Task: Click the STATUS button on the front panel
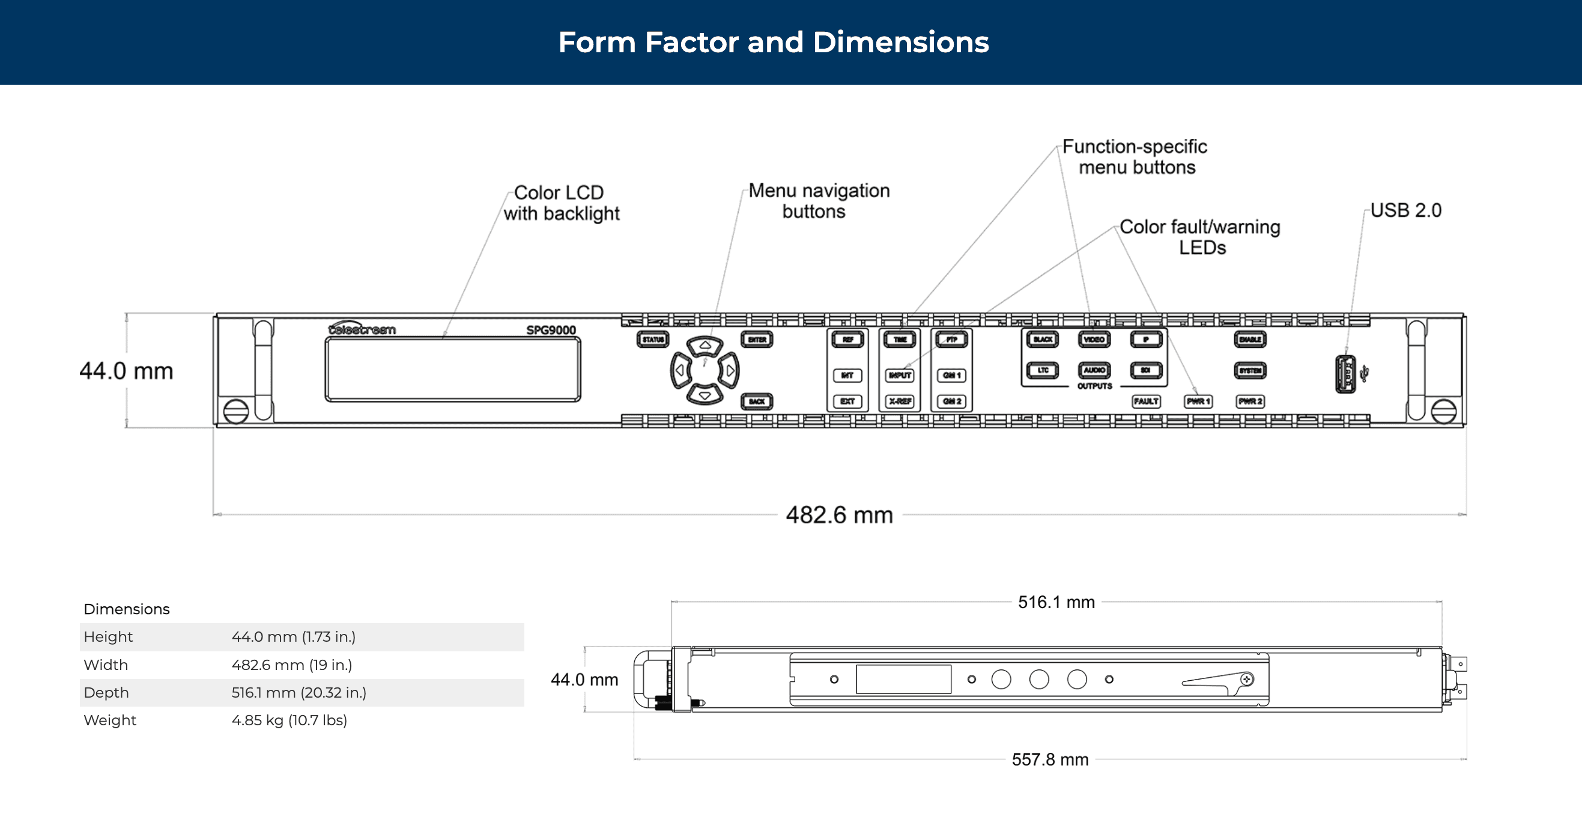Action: pyautogui.click(x=652, y=339)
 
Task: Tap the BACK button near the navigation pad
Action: pyautogui.click(x=757, y=401)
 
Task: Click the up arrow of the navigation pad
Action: pyautogui.click(x=705, y=346)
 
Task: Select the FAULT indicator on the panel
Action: pyautogui.click(x=1146, y=401)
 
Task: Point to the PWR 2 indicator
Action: pyautogui.click(x=1250, y=401)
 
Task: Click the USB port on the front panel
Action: pyautogui.click(x=1345, y=374)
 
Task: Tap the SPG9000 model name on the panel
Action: pyautogui.click(x=551, y=330)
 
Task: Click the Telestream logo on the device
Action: pyautogui.click(x=362, y=329)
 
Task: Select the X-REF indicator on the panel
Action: pyautogui.click(x=900, y=401)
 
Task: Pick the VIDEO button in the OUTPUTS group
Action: pyautogui.click(x=1094, y=339)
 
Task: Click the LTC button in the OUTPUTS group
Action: pyautogui.click(x=1043, y=370)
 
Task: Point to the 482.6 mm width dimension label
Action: pyautogui.click(x=839, y=515)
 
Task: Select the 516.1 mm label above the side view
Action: pyautogui.click(x=1056, y=602)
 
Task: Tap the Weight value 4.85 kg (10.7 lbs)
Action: pyautogui.click(x=289, y=720)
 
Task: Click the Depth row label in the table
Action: pyautogui.click(x=106, y=692)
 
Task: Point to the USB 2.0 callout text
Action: pyautogui.click(x=1405, y=210)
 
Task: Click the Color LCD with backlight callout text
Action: pyautogui.click(x=561, y=202)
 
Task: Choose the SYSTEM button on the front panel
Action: pyautogui.click(x=1250, y=371)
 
